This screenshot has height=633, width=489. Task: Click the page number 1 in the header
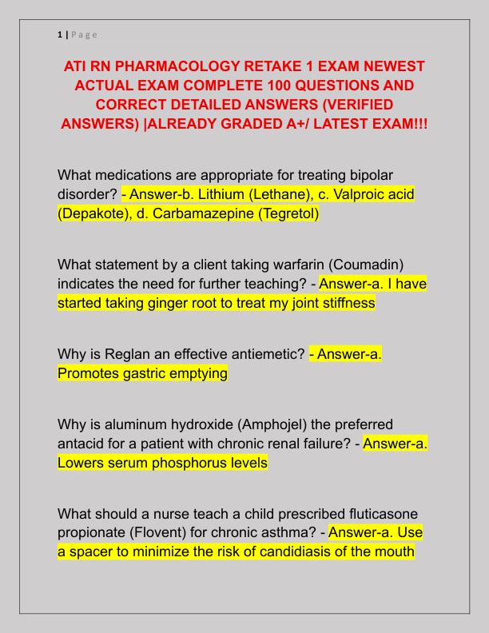tap(59, 34)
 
